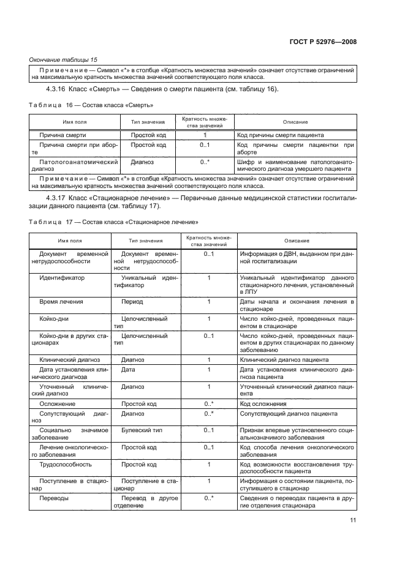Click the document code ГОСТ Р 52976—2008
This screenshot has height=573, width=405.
(323, 42)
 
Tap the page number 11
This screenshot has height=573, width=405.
(353, 522)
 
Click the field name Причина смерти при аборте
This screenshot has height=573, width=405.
(70, 149)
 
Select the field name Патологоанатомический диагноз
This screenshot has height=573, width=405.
(70, 166)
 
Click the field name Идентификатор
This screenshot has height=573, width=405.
(62, 277)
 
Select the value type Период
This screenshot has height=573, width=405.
(132, 302)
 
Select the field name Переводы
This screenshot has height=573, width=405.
(54, 498)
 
